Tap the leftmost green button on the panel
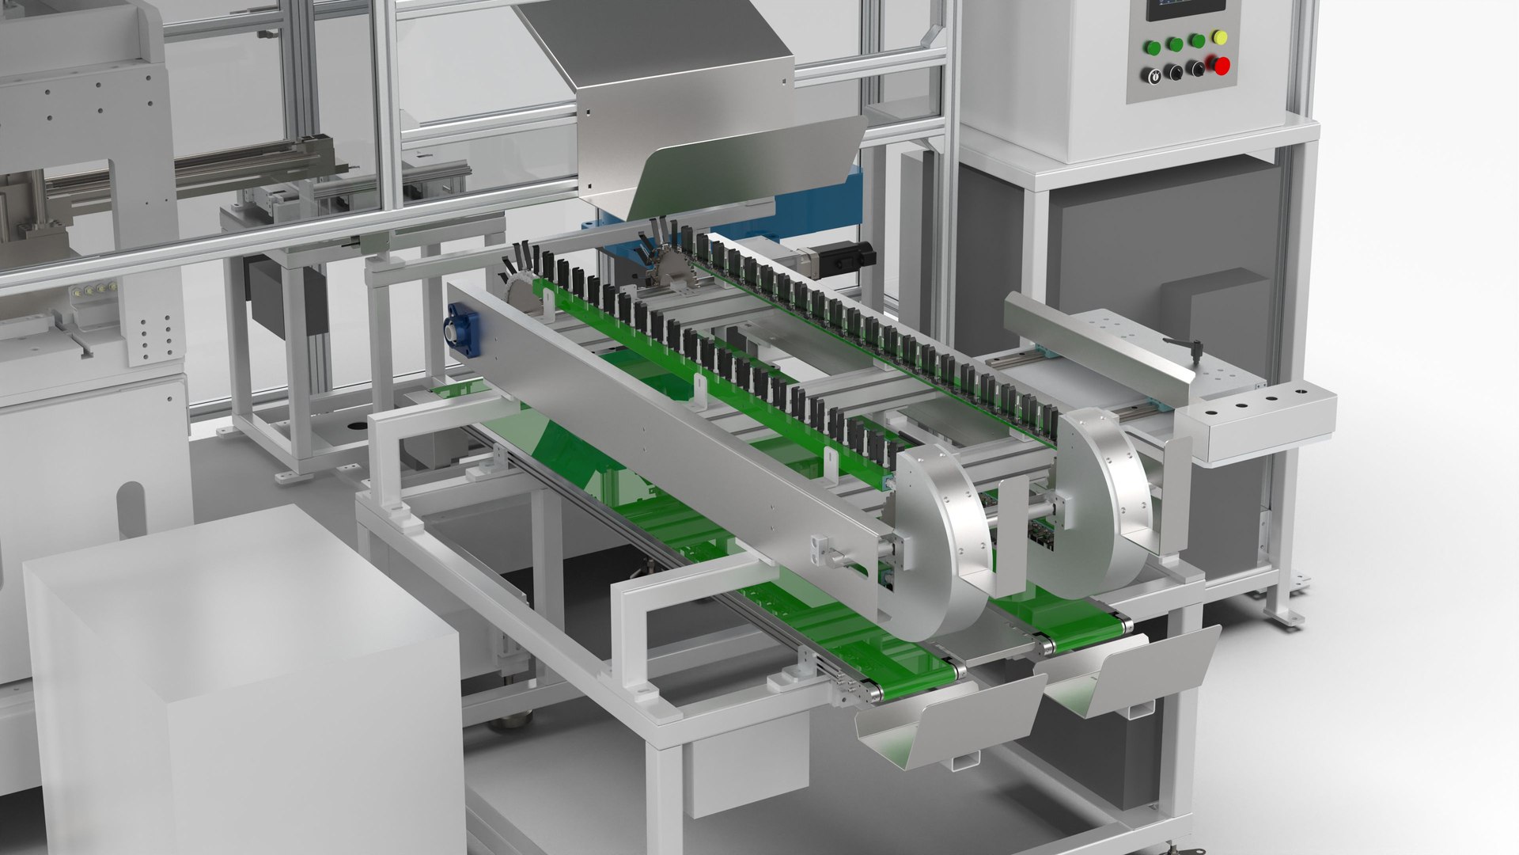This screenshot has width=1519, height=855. click(x=1153, y=47)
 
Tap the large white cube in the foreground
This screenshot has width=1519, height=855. click(x=237, y=681)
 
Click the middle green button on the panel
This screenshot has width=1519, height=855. click(x=1175, y=44)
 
